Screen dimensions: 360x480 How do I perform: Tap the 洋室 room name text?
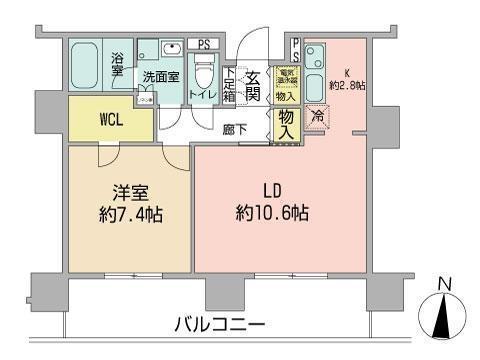[x=129, y=191]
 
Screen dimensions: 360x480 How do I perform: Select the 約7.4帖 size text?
[x=129, y=214]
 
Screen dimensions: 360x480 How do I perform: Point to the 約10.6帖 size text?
[x=273, y=213]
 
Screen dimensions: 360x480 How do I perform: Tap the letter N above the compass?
[x=447, y=283]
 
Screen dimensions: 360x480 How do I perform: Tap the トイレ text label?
[x=204, y=96]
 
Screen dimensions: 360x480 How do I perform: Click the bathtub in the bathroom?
[x=88, y=67]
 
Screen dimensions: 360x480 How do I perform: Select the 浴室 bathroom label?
[x=117, y=64]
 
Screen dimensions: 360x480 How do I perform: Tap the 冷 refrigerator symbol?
[x=317, y=117]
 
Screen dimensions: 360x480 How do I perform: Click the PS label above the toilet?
[x=204, y=44]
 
